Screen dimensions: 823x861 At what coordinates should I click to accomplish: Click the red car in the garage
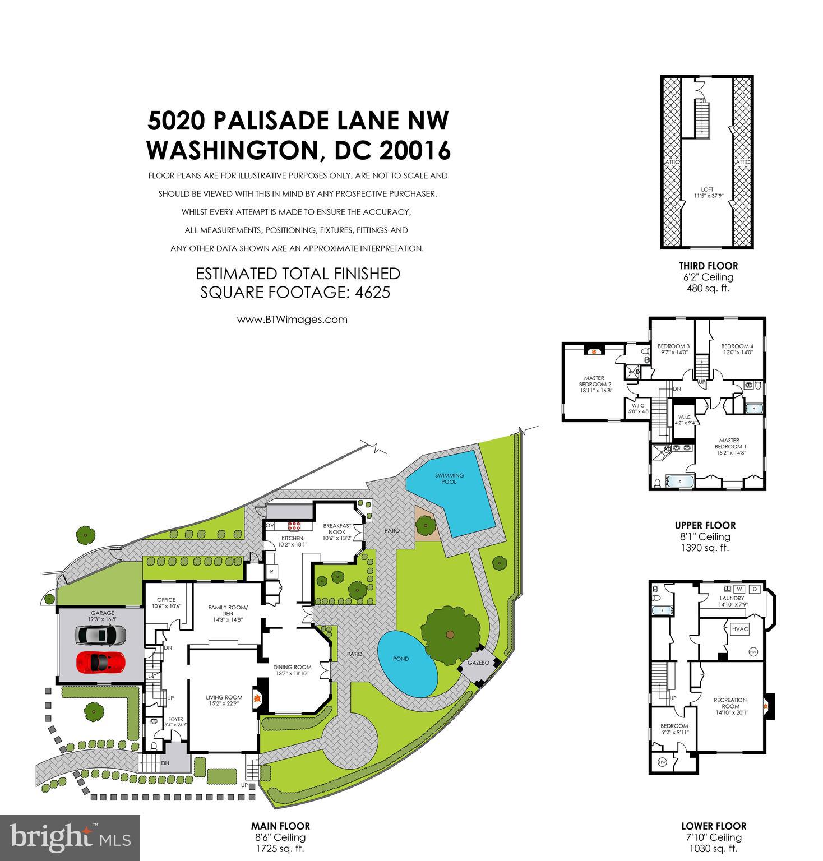pyautogui.click(x=101, y=662)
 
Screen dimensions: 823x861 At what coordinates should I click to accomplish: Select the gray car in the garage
pyautogui.click(x=101, y=635)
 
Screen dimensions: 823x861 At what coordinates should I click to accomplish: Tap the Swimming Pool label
pyautogui.click(x=449, y=478)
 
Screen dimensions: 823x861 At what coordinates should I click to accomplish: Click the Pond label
pyautogui.click(x=401, y=659)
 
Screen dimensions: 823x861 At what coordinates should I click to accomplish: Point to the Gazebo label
pyautogui.click(x=479, y=663)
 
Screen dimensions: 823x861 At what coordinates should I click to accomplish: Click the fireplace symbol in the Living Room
pyautogui.click(x=257, y=698)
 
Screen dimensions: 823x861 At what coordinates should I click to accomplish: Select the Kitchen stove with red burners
pyautogui.click(x=294, y=526)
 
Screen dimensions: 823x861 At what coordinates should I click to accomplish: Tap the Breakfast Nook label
pyautogui.click(x=337, y=529)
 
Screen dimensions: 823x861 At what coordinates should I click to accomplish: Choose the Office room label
pyautogui.click(x=167, y=600)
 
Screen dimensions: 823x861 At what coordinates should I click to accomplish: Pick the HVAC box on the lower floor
pyautogui.click(x=740, y=629)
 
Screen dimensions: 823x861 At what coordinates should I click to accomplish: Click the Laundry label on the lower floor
pyautogui.click(x=732, y=598)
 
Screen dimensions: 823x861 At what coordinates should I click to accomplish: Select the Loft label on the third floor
pyautogui.click(x=707, y=189)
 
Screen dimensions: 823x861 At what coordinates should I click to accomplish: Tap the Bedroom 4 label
pyautogui.click(x=737, y=346)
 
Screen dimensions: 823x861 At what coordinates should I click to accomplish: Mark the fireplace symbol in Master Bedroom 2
pyautogui.click(x=592, y=351)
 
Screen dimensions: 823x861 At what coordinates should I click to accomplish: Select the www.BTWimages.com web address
pyautogui.click(x=292, y=320)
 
